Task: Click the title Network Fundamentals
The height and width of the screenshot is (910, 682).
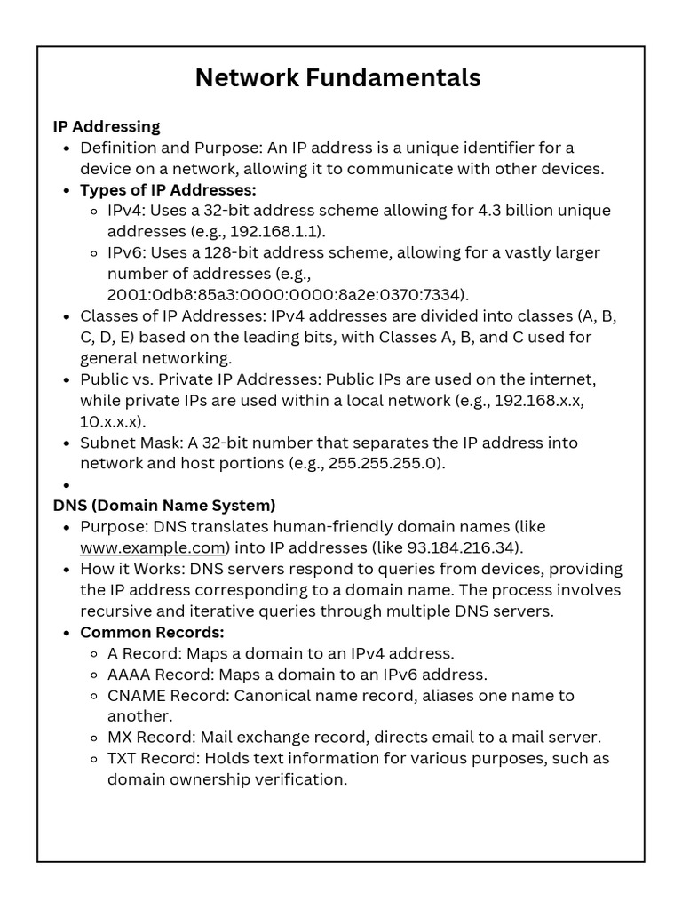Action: pos(337,78)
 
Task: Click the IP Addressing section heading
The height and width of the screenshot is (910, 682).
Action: pos(107,126)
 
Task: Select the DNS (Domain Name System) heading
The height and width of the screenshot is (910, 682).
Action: pos(164,506)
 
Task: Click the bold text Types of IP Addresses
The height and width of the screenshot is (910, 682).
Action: pos(168,189)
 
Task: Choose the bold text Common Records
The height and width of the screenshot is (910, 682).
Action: pos(152,632)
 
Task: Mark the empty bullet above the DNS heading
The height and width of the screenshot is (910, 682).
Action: pos(67,485)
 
